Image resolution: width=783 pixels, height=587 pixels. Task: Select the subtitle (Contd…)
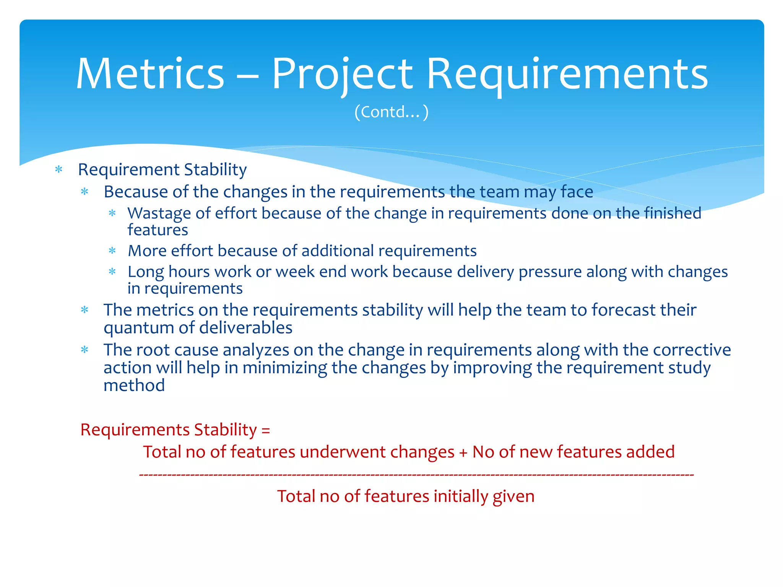click(x=391, y=112)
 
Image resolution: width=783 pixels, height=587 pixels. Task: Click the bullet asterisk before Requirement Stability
click(x=59, y=169)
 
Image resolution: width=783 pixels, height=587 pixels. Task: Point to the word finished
click(x=673, y=213)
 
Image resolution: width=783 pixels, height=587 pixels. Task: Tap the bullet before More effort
click(x=112, y=251)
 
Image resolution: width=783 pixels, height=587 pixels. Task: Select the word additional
click(x=338, y=251)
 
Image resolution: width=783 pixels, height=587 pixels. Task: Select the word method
click(x=134, y=386)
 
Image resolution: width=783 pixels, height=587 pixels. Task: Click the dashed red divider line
click(x=416, y=475)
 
